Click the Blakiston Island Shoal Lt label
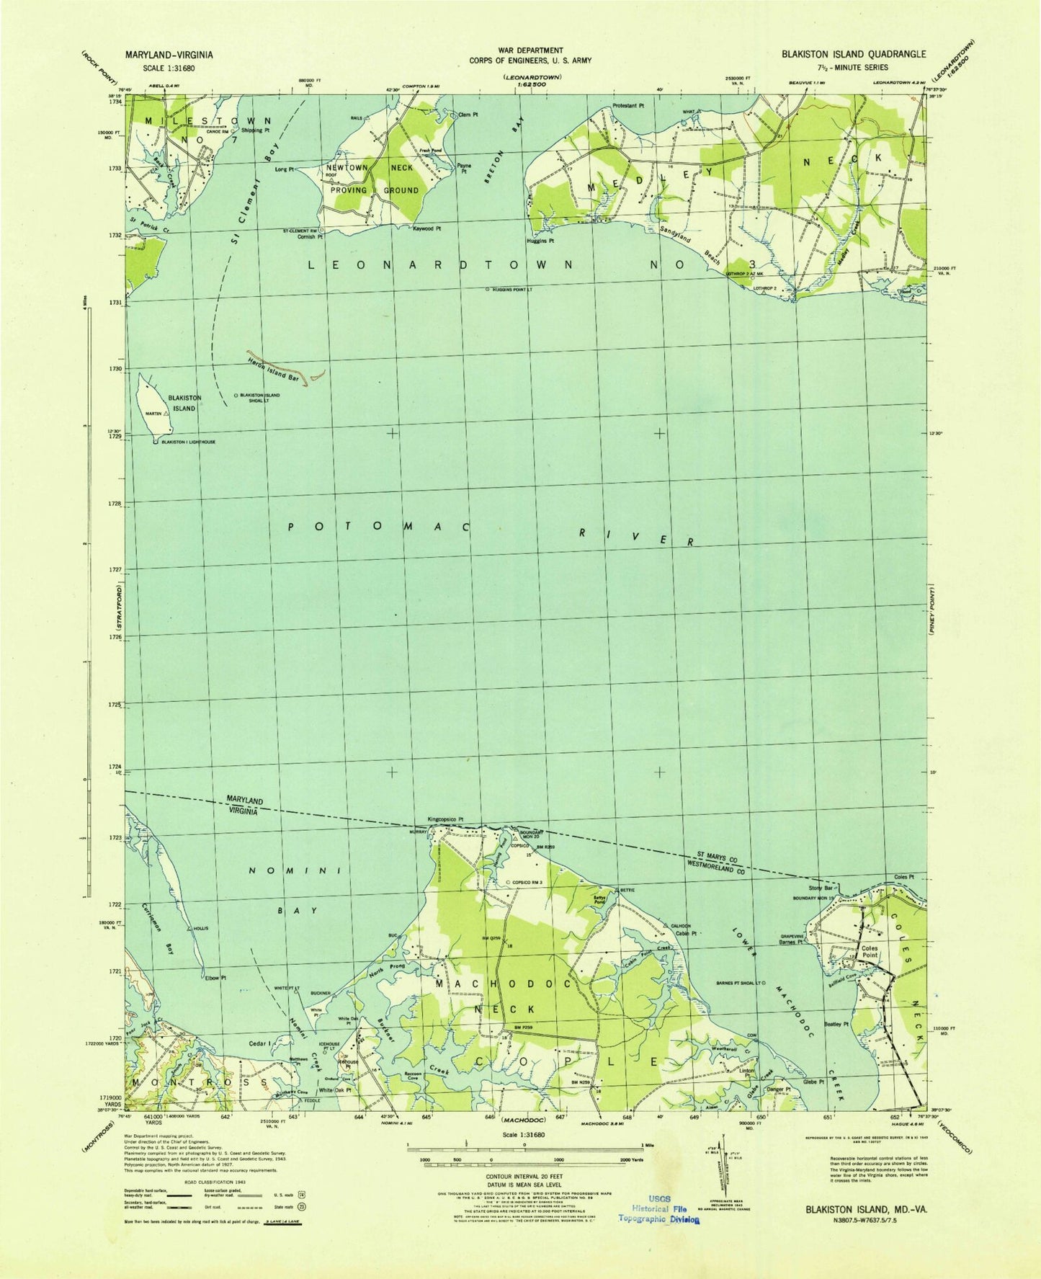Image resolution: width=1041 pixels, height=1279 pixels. (x=270, y=398)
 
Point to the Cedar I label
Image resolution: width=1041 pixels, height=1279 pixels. (x=257, y=1043)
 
